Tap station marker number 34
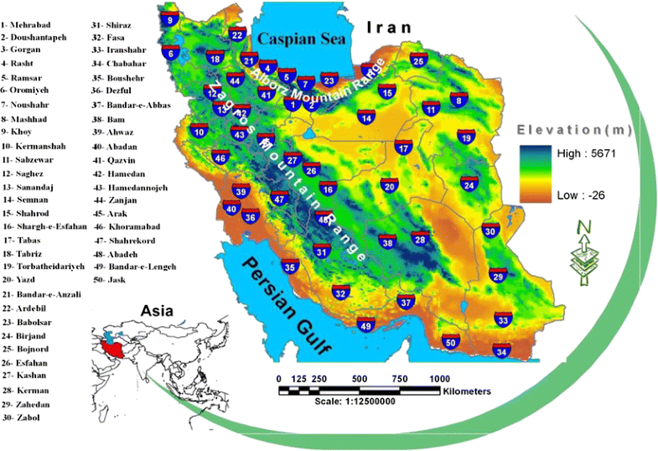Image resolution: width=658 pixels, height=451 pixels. coord(501,352)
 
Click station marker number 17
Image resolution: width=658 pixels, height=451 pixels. coord(403,148)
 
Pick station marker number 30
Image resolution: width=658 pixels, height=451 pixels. coord(491,231)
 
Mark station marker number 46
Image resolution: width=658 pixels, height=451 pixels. coord(220,157)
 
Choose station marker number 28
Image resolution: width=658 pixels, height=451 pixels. coord(420,240)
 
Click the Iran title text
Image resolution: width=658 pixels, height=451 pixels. coord(390,28)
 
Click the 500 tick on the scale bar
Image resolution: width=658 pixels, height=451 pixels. coord(360,378)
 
